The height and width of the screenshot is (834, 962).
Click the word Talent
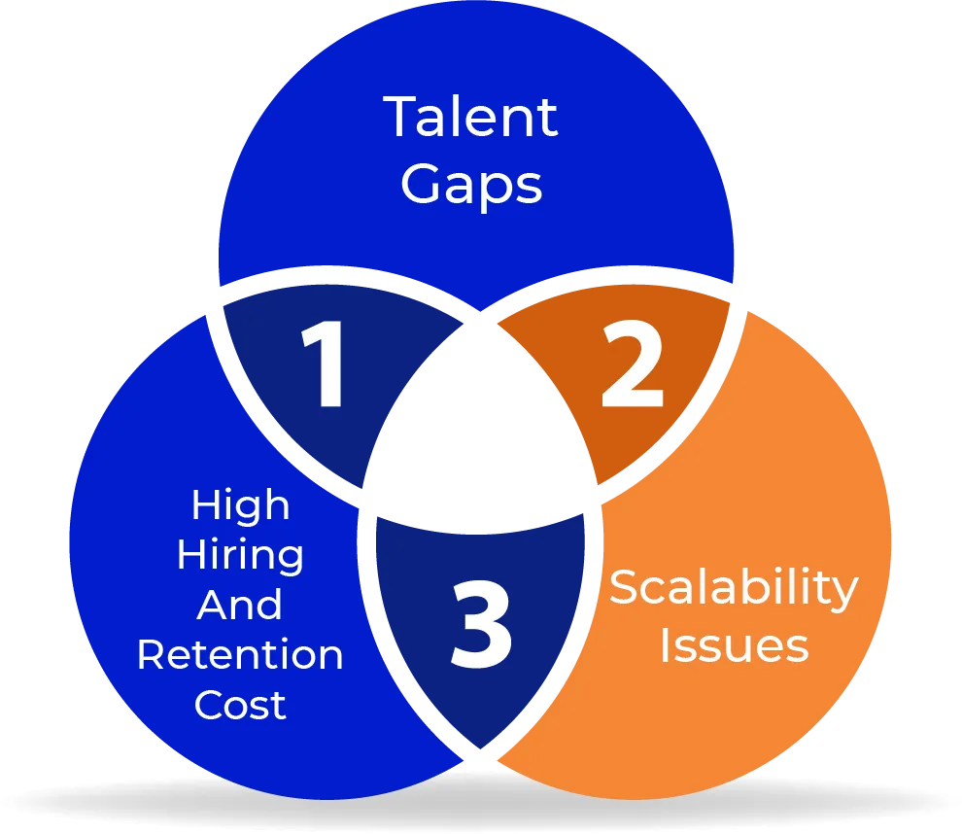coord(471,118)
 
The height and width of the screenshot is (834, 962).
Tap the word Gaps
coord(471,185)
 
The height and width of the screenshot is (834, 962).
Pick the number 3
coord(481,628)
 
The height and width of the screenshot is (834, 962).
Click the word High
coord(240,505)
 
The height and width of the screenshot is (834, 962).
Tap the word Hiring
coord(240,555)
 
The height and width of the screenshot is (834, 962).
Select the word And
coord(240,605)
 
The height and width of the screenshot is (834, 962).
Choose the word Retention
coord(240,654)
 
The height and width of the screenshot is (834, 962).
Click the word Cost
coord(240,704)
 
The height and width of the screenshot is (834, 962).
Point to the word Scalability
coord(734,589)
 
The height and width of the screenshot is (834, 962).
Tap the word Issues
coord(734,644)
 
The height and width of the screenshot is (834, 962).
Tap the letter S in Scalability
coord(623,587)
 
